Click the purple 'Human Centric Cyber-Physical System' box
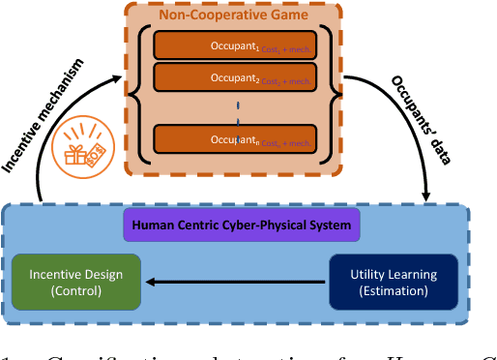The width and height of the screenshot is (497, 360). pos(243,227)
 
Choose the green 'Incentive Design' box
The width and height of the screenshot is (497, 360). pos(75,282)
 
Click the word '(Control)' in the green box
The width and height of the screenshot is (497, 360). pos(75,290)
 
